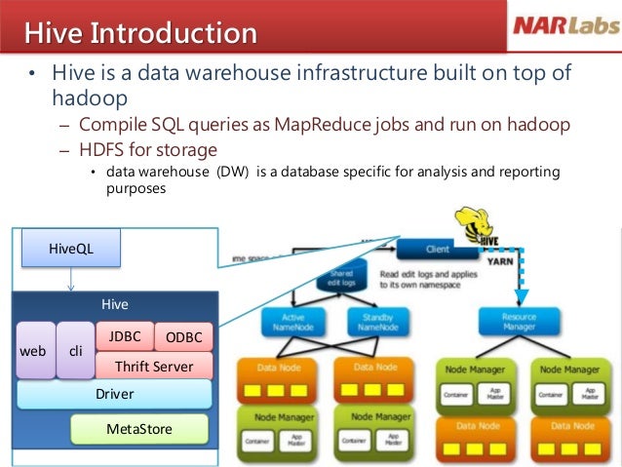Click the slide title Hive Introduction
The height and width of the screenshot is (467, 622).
[x=141, y=33]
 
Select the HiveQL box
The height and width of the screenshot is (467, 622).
[x=71, y=249]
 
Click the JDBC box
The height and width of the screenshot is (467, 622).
[x=125, y=336]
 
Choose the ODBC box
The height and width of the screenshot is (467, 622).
[x=183, y=337]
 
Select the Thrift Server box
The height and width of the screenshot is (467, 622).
[x=153, y=367]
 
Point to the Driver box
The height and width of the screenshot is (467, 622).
[x=114, y=394]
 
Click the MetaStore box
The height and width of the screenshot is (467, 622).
[x=139, y=428]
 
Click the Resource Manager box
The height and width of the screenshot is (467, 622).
[x=519, y=323]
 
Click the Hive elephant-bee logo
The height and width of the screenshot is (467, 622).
[x=481, y=227]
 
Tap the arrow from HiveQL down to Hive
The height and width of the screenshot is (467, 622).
[x=71, y=281]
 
